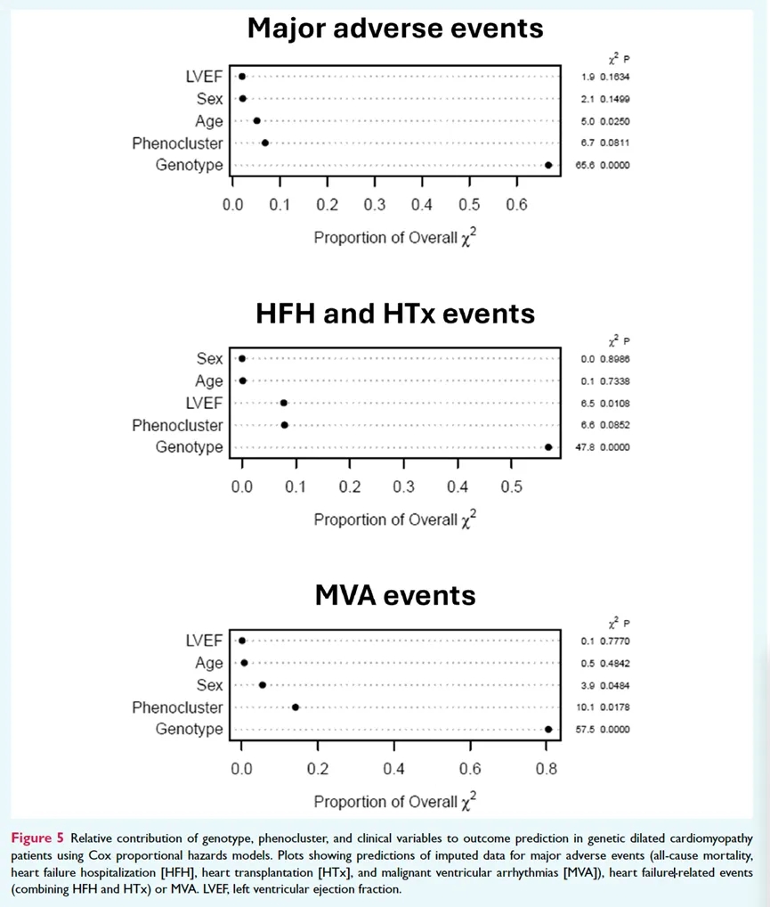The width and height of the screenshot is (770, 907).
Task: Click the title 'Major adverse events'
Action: [x=395, y=29]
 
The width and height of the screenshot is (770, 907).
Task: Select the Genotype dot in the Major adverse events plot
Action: [x=548, y=165]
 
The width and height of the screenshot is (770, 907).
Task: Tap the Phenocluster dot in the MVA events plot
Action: [x=296, y=707]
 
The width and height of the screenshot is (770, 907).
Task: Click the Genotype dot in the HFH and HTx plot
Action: [x=548, y=447]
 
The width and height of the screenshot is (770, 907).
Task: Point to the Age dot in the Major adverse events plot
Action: [x=257, y=120]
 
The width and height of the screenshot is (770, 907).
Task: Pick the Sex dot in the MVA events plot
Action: [x=262, y=685]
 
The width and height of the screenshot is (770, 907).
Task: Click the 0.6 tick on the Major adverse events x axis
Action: [x=516, y=205]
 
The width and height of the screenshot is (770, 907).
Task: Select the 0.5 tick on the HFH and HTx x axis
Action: [x=511, y=487]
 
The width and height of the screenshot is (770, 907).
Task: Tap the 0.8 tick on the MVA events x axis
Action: [x=547, y=769]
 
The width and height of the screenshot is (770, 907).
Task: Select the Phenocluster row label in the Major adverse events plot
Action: [x=177, y=143]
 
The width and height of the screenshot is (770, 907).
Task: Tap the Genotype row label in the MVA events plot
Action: [x=189, y=730]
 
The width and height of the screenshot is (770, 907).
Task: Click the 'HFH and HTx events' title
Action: [x=395, y=314]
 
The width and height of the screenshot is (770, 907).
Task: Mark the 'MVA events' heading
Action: [x=395, y=595]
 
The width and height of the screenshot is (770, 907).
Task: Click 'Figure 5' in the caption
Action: [x=37, y=838]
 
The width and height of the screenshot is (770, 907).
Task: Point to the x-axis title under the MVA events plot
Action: [x=395, y=800]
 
